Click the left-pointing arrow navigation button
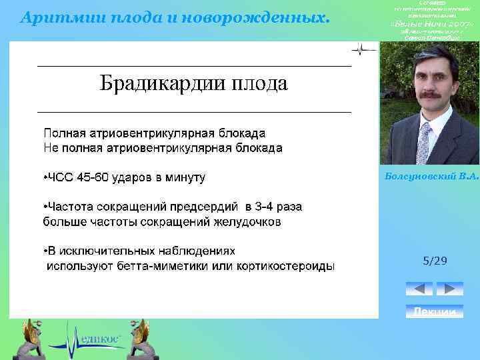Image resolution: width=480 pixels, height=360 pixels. click(419, 289)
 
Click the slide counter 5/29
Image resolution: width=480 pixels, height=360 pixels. click(435, 261)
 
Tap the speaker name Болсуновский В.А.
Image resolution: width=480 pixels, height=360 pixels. click(431, 176)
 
